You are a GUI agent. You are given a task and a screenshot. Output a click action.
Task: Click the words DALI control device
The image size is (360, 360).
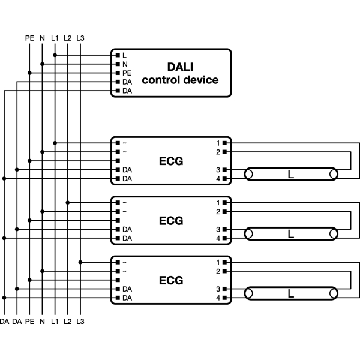(180, 73)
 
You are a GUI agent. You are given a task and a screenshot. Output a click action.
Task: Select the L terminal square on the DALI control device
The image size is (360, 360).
(118, 55)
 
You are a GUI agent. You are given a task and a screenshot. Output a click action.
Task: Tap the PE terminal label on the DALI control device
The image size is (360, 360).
(127, 73)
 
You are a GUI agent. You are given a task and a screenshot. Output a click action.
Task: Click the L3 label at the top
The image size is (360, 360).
(80, 38)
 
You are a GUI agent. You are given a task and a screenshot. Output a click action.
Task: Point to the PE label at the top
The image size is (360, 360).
(29, 38)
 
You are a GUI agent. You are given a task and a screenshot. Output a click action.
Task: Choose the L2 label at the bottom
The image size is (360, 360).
(67, 322)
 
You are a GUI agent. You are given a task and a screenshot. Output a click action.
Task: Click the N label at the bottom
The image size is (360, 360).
(42, 322)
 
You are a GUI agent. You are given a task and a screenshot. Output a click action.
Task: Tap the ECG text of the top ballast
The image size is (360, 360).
(171, 161)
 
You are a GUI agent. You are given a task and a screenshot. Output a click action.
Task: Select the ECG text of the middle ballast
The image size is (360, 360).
(171, 221)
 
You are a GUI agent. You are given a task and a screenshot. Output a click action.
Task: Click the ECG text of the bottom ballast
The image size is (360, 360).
(171, 280)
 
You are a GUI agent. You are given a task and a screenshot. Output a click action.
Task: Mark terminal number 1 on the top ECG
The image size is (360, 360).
(218, 143)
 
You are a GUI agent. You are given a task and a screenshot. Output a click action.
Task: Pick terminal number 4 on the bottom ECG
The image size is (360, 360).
(218, 298)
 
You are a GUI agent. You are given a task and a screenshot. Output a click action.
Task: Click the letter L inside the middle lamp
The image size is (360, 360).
(291, 234)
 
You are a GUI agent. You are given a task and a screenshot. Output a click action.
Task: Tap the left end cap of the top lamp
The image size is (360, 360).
(248, 174)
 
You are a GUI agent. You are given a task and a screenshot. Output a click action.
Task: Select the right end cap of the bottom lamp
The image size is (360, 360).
(334, 293)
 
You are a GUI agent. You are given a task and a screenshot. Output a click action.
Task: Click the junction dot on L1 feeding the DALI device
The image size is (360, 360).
(55, 55)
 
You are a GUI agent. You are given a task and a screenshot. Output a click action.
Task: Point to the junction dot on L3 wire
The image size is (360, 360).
(80, 262)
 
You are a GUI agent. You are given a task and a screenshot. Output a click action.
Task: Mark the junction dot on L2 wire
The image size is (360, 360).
(67, 203)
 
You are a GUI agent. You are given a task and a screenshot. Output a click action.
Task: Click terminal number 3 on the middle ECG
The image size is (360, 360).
(218, 229)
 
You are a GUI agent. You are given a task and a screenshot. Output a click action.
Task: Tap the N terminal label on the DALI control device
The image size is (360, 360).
(125, 64)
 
